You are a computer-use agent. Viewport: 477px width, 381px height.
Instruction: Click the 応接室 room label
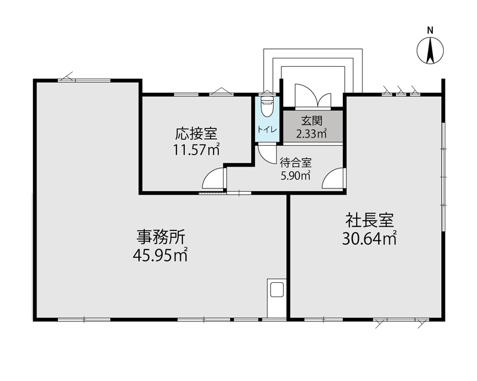[196, 133]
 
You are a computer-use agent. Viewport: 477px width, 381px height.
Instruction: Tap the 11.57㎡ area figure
[196, 149]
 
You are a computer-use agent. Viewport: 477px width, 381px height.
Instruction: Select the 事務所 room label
[160, 237]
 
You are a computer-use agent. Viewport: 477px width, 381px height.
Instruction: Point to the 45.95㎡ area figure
[160, 255]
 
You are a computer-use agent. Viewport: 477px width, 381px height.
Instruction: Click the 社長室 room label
[369, 220]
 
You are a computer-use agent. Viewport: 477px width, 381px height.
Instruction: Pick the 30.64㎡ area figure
[369, 238]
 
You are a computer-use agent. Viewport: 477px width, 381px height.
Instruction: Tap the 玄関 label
[311, 121]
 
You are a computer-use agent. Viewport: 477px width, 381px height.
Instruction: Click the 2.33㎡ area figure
[311, 133]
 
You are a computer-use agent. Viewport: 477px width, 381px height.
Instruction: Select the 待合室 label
[296, 163]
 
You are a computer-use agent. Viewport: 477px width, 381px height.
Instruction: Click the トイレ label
[267, 129]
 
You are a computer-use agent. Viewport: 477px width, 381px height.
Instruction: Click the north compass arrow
[430, 51]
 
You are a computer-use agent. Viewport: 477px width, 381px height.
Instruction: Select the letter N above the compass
[430, 30]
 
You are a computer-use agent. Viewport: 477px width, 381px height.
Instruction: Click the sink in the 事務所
[277, 289]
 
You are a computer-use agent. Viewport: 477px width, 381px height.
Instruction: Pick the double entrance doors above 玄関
[312, 96]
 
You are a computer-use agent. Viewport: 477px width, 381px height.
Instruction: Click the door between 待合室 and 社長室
[334, 178]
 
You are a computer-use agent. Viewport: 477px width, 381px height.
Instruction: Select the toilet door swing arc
[267, 154]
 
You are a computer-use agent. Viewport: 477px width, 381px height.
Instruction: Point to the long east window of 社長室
[444, 176]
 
